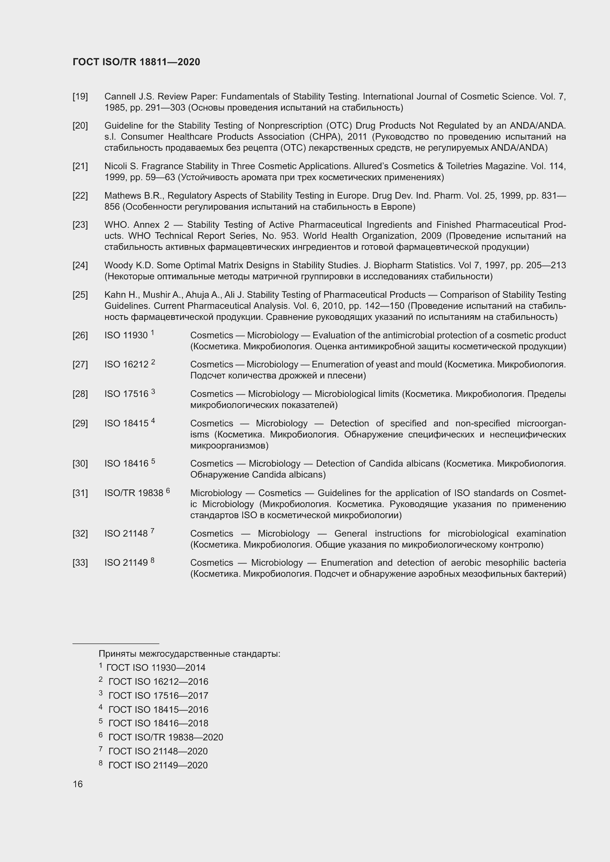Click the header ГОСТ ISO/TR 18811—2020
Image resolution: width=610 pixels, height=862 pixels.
[136, 62]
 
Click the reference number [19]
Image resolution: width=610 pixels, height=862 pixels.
[80, 97]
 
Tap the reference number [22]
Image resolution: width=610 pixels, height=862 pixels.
[80, 196]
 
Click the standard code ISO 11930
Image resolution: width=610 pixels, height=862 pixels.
[126, 335]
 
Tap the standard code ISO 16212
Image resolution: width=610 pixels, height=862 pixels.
[126, 364]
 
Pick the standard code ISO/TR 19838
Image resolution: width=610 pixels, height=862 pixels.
[134, 493]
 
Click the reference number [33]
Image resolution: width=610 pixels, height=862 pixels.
[80, 563]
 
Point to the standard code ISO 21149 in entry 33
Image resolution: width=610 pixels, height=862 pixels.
[126, 563]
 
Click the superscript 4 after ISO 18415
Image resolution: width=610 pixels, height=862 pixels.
[153, 421]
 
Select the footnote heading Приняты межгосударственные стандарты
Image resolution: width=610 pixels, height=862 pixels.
[189, 654]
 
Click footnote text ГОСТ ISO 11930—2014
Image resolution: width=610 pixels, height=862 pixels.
[156, 668]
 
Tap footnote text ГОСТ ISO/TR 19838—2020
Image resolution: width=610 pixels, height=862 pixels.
[166, 737]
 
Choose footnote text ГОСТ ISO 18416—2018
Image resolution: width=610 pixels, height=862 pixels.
[158, 723]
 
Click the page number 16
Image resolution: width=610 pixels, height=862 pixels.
[78, 784]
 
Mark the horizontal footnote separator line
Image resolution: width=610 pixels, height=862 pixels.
[116, 643]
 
